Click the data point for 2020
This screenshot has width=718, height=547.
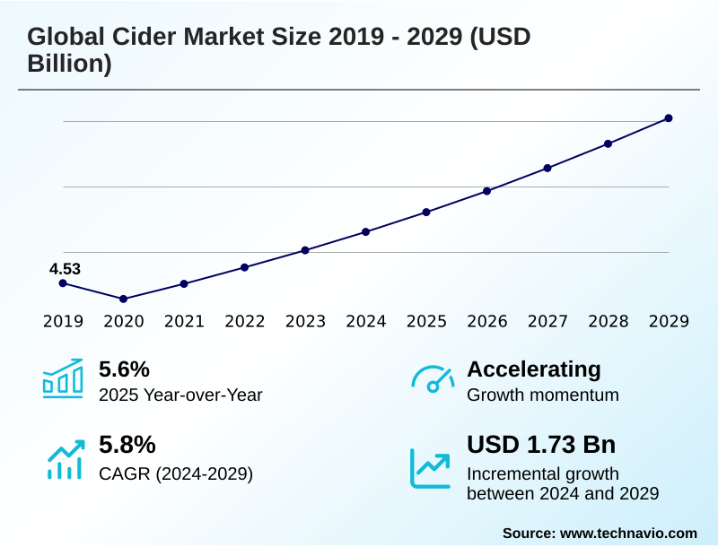(x=124, y=299)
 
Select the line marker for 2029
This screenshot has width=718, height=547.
(x=669, y=118)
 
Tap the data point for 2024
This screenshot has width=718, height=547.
(x=366, y=231)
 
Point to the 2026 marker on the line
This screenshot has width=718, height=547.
(x=487, y=191)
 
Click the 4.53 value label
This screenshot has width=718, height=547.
(x=65, y=268)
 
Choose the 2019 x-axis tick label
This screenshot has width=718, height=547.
(x=63, y=321)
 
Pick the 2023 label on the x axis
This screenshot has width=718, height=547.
(x=305, y=321)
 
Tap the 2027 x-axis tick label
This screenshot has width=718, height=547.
(x=547, y=321)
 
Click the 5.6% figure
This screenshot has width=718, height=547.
(x=124, y=369)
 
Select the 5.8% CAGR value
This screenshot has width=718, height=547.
(x=127, y=445)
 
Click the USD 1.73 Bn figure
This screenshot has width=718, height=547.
(x=541, y=445)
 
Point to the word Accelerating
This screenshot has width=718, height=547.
(x=534, y=369)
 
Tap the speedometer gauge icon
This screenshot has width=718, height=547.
(x=433, y=379)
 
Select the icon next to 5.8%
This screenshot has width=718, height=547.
(x=64, y=460)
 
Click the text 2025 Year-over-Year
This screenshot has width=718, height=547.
(x=180, y=395)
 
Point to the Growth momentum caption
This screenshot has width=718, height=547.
(x=543, y=395)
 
